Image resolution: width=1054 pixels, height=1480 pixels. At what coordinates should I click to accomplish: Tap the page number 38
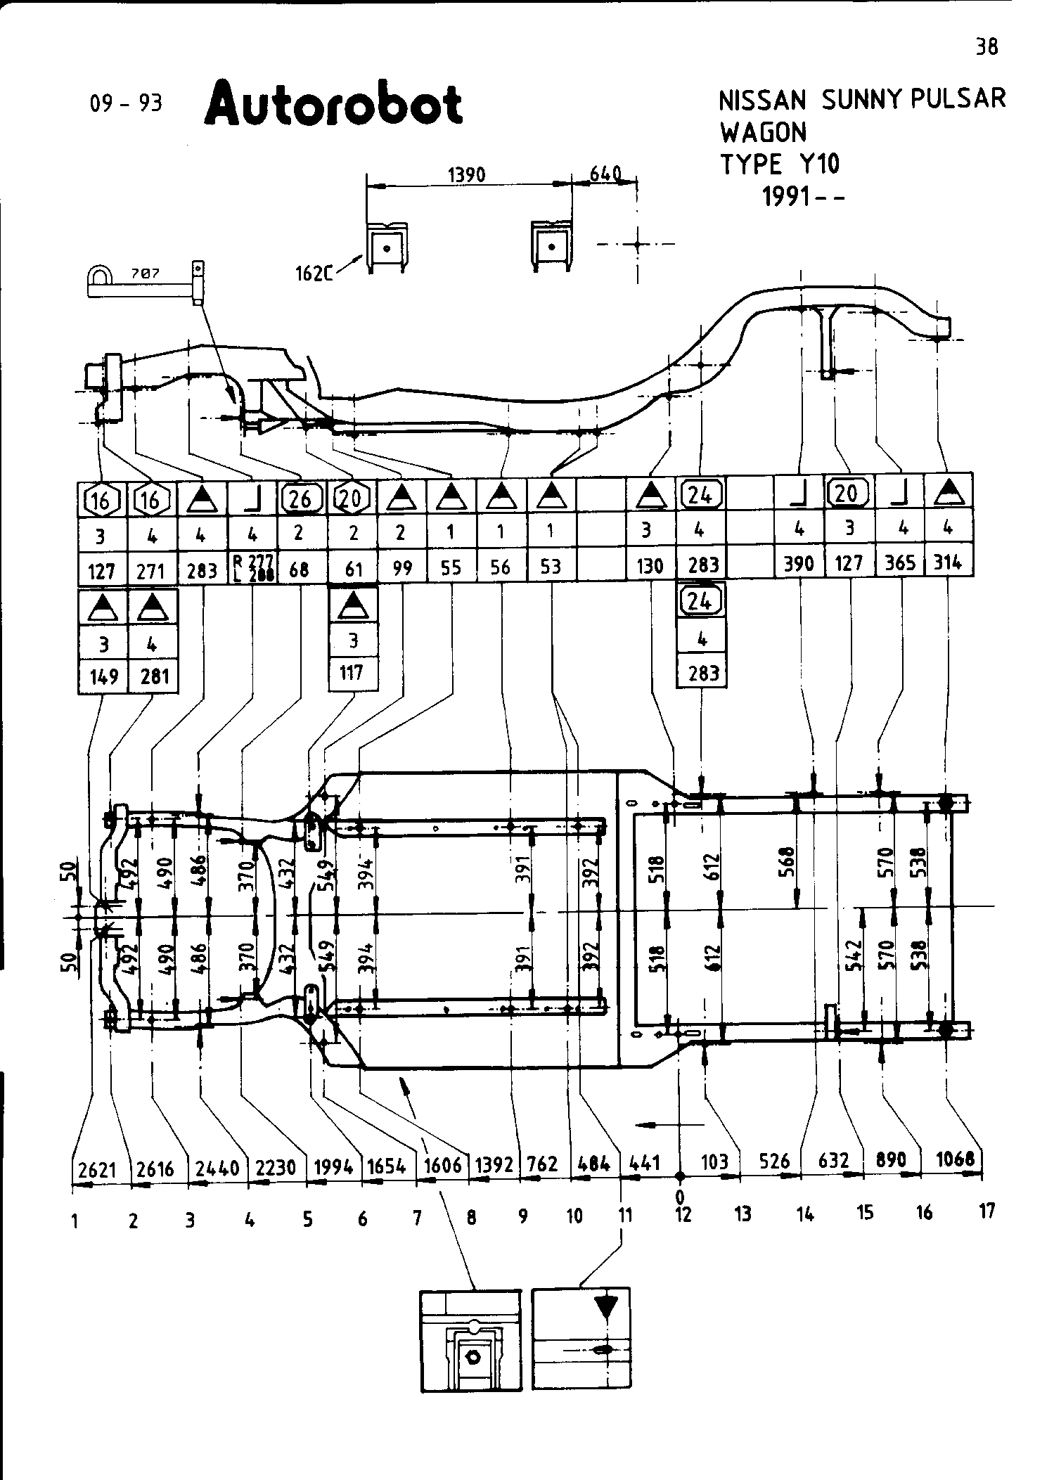click(x=986, y=47)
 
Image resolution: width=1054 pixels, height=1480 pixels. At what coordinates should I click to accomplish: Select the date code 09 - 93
click(x=126, y=103)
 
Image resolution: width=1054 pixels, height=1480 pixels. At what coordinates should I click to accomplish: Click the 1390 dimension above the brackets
click(x=467, y=174)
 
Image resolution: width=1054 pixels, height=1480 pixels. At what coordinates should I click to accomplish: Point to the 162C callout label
click(x=314, y=274)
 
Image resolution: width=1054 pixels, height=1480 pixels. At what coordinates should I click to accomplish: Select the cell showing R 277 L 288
click(x=253, y=567)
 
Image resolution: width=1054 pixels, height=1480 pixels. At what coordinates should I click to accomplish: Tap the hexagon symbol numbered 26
click(x=300, y=498)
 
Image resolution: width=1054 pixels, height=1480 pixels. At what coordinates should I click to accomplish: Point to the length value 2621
click(x=97, y=1169)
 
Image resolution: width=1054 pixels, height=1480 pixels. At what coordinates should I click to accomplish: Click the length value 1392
click(x=494, y=1165)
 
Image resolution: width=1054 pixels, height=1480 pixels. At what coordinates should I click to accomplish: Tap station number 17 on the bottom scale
click(x=987, y=1211)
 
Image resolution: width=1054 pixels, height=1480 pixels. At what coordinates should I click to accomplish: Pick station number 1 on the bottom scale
click(x=74, y=1221)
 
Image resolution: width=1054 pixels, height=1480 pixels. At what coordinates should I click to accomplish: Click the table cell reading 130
click(x=650, y=565)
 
